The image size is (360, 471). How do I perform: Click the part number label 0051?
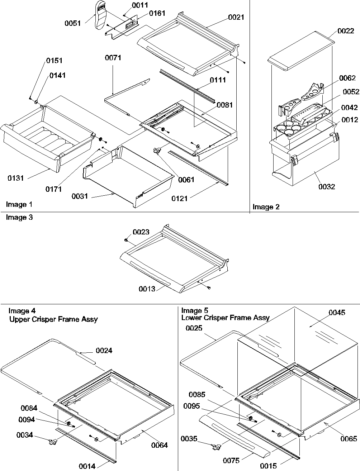pos(72,23)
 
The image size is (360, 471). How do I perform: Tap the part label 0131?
pos(16,178)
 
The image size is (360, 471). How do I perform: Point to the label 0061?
pos(186,180)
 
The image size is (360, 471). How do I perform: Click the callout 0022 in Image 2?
pos(346,31)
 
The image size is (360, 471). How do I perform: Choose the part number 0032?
pos(326,186)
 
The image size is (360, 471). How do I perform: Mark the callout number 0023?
pos(141,232)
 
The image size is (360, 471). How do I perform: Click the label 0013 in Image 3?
pos(147,289)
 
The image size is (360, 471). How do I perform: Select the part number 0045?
pos(337,313)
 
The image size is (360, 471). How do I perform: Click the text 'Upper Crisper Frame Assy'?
pos(53,319)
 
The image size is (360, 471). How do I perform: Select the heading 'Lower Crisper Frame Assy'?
pos(226,318)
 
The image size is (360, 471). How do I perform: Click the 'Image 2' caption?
pos(266,207)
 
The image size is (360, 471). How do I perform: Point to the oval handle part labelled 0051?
pos(101,16)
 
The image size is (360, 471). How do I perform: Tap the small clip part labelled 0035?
pos(217,447)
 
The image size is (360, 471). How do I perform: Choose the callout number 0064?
pos(159,445)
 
